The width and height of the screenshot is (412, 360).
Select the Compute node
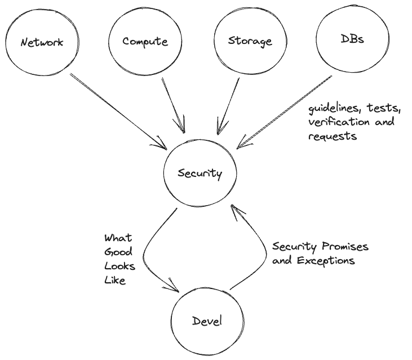point(144,42)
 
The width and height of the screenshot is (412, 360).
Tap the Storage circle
point(250,41)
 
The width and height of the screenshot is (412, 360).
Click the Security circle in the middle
point(200,174)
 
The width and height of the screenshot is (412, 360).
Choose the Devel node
point(207,322)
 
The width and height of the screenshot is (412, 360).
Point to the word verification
point(336,122)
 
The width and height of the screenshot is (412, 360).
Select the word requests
point(332,136)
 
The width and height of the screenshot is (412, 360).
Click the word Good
point(118,252)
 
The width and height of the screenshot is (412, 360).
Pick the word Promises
point(344,247)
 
